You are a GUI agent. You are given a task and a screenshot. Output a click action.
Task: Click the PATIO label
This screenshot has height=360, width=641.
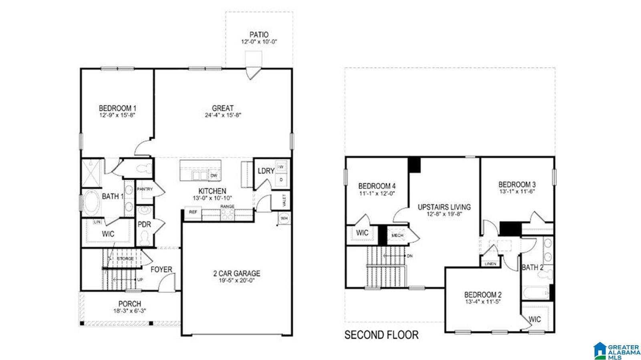[259, 35]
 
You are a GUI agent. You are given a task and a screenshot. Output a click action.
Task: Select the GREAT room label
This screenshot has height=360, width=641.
[223, 108]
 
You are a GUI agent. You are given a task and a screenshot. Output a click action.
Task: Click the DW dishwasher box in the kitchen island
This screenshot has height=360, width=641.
[214, 175]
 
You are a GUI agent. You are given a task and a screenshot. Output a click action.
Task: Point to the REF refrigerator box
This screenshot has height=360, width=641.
[193, 212]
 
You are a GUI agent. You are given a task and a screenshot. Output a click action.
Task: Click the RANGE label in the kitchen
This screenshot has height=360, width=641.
[227, 207]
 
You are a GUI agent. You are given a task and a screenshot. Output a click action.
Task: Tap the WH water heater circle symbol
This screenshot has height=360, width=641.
[284, 219]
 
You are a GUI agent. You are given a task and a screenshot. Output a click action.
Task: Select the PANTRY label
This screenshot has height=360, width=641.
[145, 189]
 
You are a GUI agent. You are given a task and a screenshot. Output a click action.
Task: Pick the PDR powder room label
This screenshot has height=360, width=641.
[144, 225]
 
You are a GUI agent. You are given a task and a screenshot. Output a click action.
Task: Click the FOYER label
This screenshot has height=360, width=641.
[161, 269]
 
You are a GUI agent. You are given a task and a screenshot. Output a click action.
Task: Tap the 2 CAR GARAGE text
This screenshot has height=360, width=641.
[236, 274]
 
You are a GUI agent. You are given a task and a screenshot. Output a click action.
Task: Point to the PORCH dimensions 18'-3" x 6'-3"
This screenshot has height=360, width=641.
[129, 311]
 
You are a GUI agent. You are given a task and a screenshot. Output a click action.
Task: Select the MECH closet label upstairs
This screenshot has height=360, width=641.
[397, 235]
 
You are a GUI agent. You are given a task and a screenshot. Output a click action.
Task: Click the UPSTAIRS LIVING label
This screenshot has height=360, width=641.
[444, 207]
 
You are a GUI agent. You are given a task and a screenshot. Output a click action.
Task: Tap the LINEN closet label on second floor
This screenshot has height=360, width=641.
[490, 264]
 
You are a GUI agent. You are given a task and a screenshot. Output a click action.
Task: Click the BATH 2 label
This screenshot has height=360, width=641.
[532, 267]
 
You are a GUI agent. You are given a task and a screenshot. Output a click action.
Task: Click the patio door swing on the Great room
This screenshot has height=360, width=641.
[253, 73]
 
